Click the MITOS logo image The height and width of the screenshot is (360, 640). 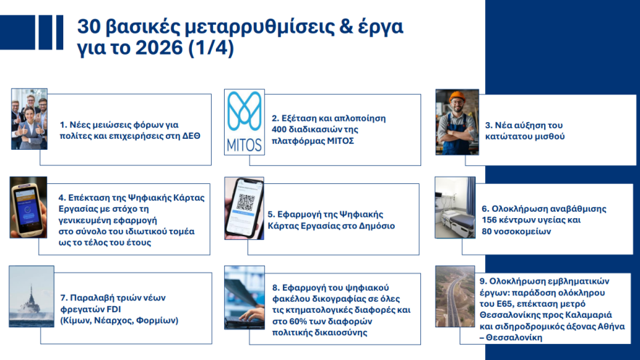244,121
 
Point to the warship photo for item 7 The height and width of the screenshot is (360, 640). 31,296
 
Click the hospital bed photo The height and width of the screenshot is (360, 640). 455,207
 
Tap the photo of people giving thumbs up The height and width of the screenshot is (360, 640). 29,119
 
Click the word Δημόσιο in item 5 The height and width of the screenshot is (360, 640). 376,226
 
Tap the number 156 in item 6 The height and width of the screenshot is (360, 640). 491,220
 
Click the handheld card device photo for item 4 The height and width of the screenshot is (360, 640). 28,208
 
